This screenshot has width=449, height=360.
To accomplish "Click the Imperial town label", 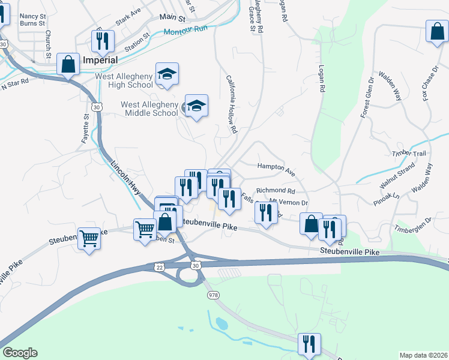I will pos(100,61).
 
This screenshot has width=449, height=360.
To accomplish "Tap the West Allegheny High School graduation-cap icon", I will pos(167,74).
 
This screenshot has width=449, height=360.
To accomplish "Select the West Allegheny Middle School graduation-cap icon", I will pos(196,106).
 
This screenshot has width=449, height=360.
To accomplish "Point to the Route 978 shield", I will pos(212,296).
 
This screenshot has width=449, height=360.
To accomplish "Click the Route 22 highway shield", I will pos(159,266).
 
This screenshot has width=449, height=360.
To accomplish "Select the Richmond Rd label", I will pos(276,191).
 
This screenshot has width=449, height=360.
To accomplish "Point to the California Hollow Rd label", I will pos(232,104).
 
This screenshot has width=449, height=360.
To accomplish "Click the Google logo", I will pos(20,353).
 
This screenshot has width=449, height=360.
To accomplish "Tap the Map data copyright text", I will pos(423,355).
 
